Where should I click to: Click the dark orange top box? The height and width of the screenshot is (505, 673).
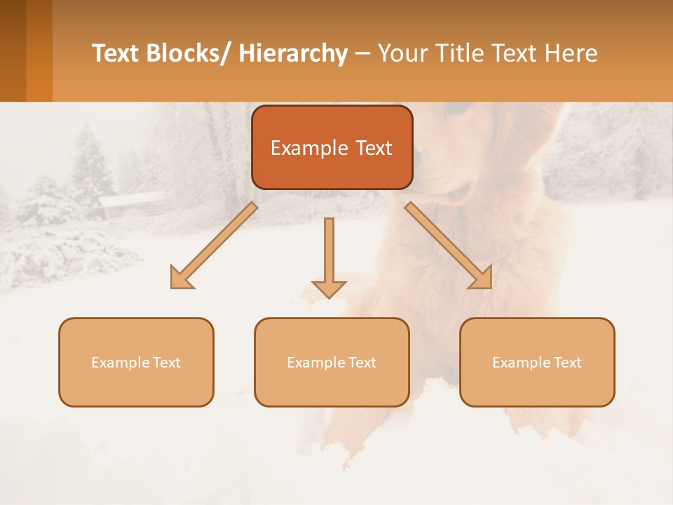[x=332, y=147]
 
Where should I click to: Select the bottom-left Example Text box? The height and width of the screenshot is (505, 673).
[x=136, y=362]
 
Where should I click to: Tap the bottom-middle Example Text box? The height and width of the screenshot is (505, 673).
[x=332, y=362]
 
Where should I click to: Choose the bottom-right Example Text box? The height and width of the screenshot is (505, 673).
[x=537, y=362]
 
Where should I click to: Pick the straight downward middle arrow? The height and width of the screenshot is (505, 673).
[x=329, y=257]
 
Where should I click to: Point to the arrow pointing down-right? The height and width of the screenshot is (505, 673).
[x=449, y=245]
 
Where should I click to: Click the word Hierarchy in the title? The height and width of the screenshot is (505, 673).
[x=293, y=53]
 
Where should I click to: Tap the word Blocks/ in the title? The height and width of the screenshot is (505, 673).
[x=186, y=53]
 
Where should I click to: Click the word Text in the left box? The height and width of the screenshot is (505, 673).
[x=166, y=362]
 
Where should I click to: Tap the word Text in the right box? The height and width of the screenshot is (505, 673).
[x=567, y=362]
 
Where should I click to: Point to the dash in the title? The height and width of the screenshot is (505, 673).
[x=362, y=54]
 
